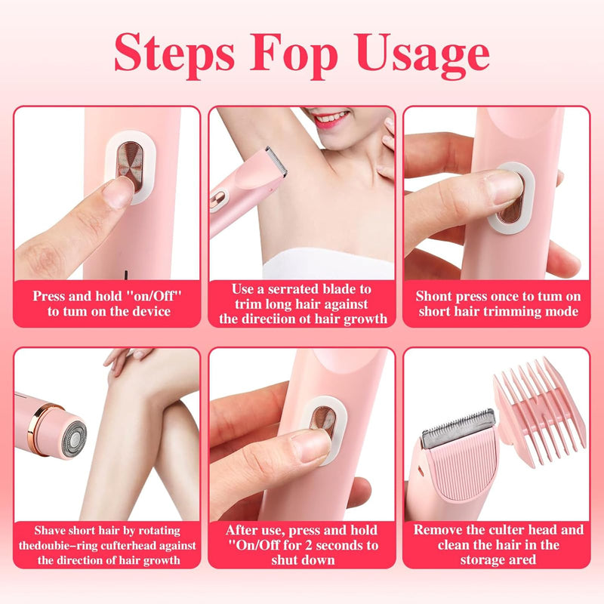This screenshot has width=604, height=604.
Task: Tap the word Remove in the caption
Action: pyautogui.click(x=440, y=530)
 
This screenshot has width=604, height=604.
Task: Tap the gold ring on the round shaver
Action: pyautogui.click(x=53, y=427)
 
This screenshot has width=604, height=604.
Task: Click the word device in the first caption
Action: pyautogui.click(x=153, y=311)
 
